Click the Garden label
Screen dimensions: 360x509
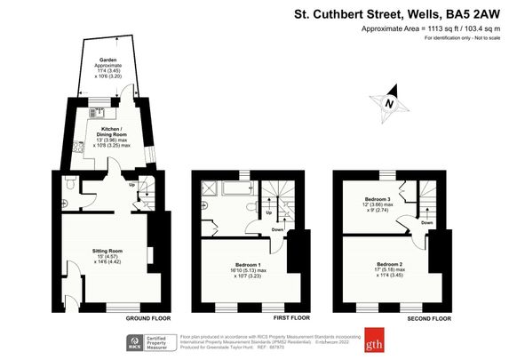(107, 61)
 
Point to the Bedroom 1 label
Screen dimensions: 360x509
(246, 266)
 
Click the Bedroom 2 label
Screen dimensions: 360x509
(388, 266)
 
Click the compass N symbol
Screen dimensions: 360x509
(388, 104)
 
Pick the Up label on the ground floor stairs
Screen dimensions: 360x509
(133, 185)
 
